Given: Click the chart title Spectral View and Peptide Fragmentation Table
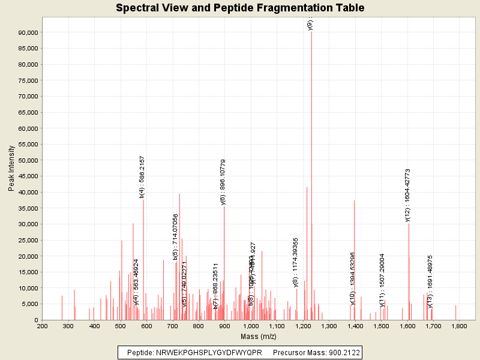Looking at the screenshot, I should (x=240, y=8).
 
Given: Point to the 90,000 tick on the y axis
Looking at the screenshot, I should (x=28, y=32).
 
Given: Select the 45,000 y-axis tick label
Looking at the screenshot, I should (x=28, y=176).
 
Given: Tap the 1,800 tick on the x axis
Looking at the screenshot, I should (x=459, y=326).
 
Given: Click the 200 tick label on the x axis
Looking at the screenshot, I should (x=43, y=326).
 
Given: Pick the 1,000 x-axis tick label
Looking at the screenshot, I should (x=251, y=326).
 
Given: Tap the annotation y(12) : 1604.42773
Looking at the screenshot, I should (x=408, y=196).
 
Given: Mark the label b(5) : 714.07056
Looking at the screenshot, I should (x=176, y=237).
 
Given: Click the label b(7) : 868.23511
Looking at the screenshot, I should (x=215, y=286).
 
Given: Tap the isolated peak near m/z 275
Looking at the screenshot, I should (x=62, y=307).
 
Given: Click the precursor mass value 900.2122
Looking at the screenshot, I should (x=340, y=353).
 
